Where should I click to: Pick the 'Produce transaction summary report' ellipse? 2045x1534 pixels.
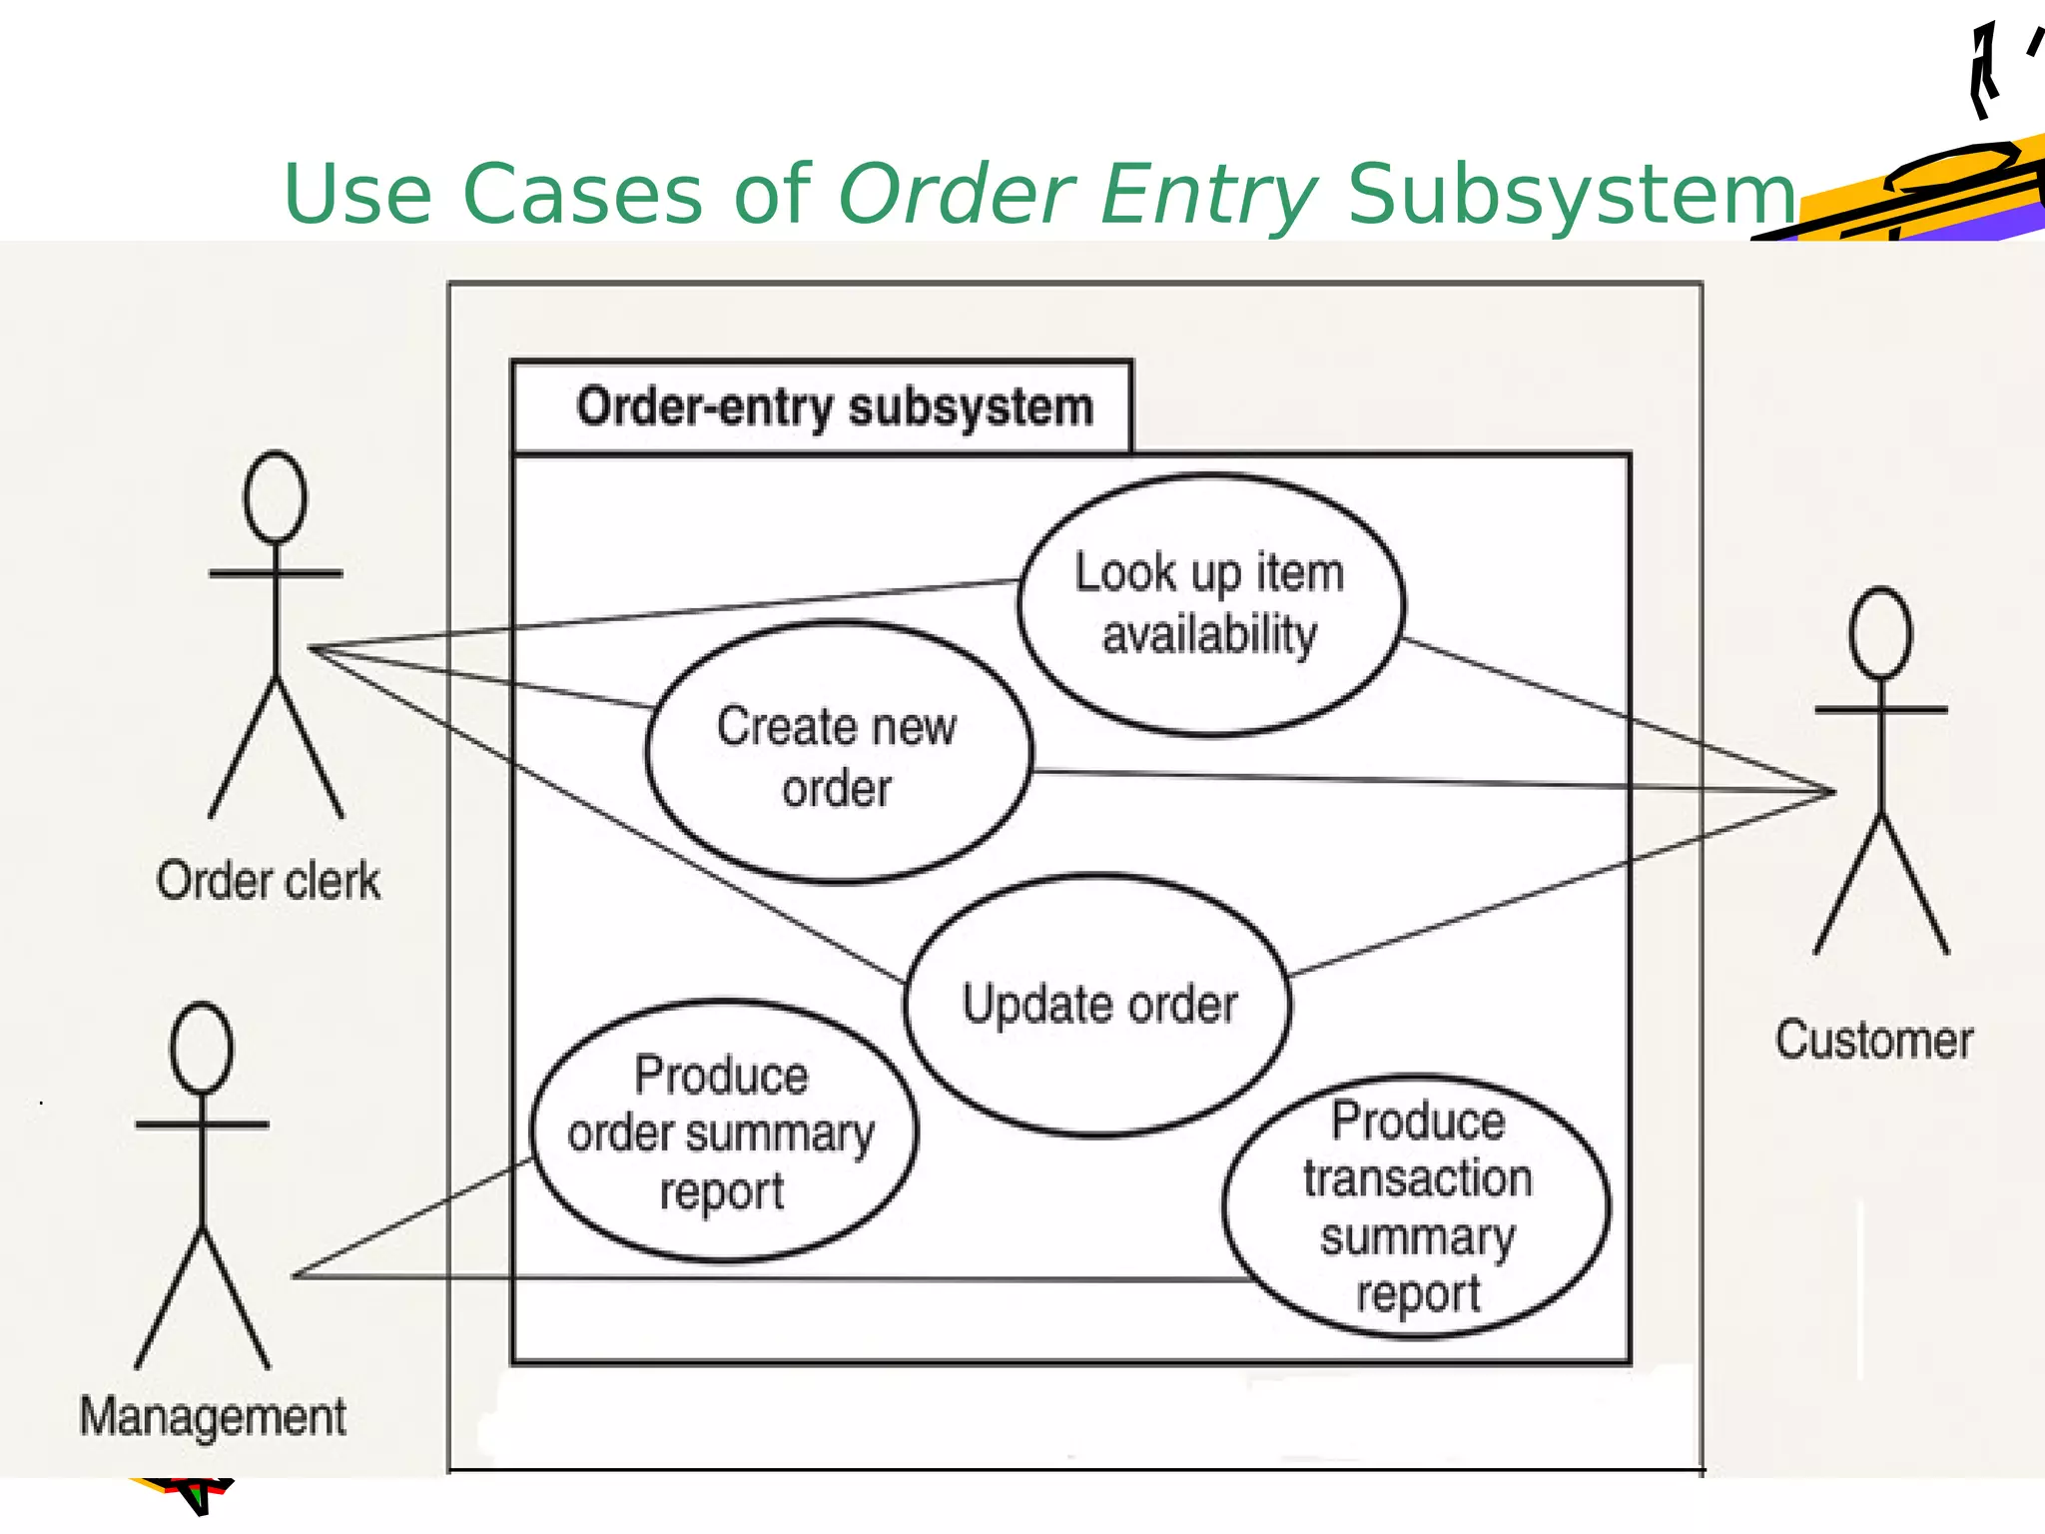(1416, 1205)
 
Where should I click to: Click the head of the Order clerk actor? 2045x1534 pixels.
(275, 496)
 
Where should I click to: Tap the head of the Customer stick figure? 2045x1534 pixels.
(1880, 633)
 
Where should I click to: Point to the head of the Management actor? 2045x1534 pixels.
(202, 1048)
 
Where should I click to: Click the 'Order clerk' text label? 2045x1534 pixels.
(268, 881)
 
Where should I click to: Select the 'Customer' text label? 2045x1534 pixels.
(1873, 1040)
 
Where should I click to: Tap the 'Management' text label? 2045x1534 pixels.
(213, 1416)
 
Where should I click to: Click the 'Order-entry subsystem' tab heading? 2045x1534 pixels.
(834, 407)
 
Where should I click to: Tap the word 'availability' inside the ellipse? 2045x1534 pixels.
(1209, 634)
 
